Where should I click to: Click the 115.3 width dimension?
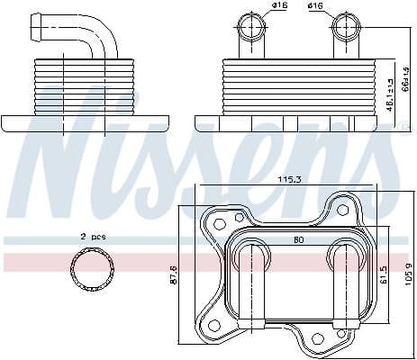click(290, 181)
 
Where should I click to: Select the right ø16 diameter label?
click(315, 8)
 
